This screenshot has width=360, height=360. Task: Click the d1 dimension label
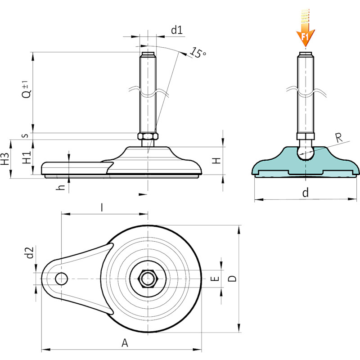[177, 30]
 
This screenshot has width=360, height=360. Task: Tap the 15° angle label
[198, 53]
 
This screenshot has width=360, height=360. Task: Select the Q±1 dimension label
[27, 90]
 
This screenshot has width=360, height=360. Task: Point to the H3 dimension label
[5, 159]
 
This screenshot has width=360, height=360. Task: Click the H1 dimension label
[27, 157]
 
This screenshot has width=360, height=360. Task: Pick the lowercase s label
[26, 135]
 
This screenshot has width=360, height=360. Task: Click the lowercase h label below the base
[61, 187]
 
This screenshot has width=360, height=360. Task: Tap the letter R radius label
[339, 138]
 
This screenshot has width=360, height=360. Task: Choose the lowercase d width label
[306, 193]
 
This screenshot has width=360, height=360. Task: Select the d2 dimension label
[30, 252]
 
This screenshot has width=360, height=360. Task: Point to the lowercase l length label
[102, 207]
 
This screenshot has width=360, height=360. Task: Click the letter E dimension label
[215, 279]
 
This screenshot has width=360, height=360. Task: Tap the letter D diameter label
[232, 279]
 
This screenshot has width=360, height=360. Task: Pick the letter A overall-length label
[125, 343]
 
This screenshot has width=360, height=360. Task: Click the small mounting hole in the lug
[61, 279]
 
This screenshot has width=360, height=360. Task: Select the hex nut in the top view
[148, 279]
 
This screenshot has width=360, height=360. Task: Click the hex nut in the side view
[148, 136]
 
